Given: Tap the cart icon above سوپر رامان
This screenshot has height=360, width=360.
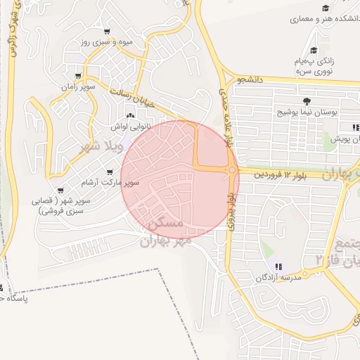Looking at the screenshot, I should pyautogui.click(x=77, y=76).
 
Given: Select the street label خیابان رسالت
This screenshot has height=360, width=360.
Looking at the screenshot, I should pyautogui.click(x=137, y=98).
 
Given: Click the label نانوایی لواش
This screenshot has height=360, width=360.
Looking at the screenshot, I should pyautogui.click(x=129, y=127).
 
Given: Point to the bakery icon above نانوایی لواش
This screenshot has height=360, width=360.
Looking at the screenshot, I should pyautogui.click(x=129, y=116).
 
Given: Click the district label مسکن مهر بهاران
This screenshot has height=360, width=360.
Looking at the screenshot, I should pyautogui.click(x=163, y=232).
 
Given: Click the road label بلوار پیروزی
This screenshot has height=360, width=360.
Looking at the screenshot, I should pyautogui.click(x=233, y=211).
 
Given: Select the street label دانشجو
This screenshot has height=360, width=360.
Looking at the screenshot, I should pyautogui.click(x=250, y=80).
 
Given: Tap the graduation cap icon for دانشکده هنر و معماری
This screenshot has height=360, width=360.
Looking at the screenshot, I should pyautogui.click(x=327, y=9).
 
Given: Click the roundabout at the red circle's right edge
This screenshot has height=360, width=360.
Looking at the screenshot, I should pyautogui.click(x=232, y=169).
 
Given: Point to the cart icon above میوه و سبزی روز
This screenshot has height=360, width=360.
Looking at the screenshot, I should pyautogui.click(x=106, y=32).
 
